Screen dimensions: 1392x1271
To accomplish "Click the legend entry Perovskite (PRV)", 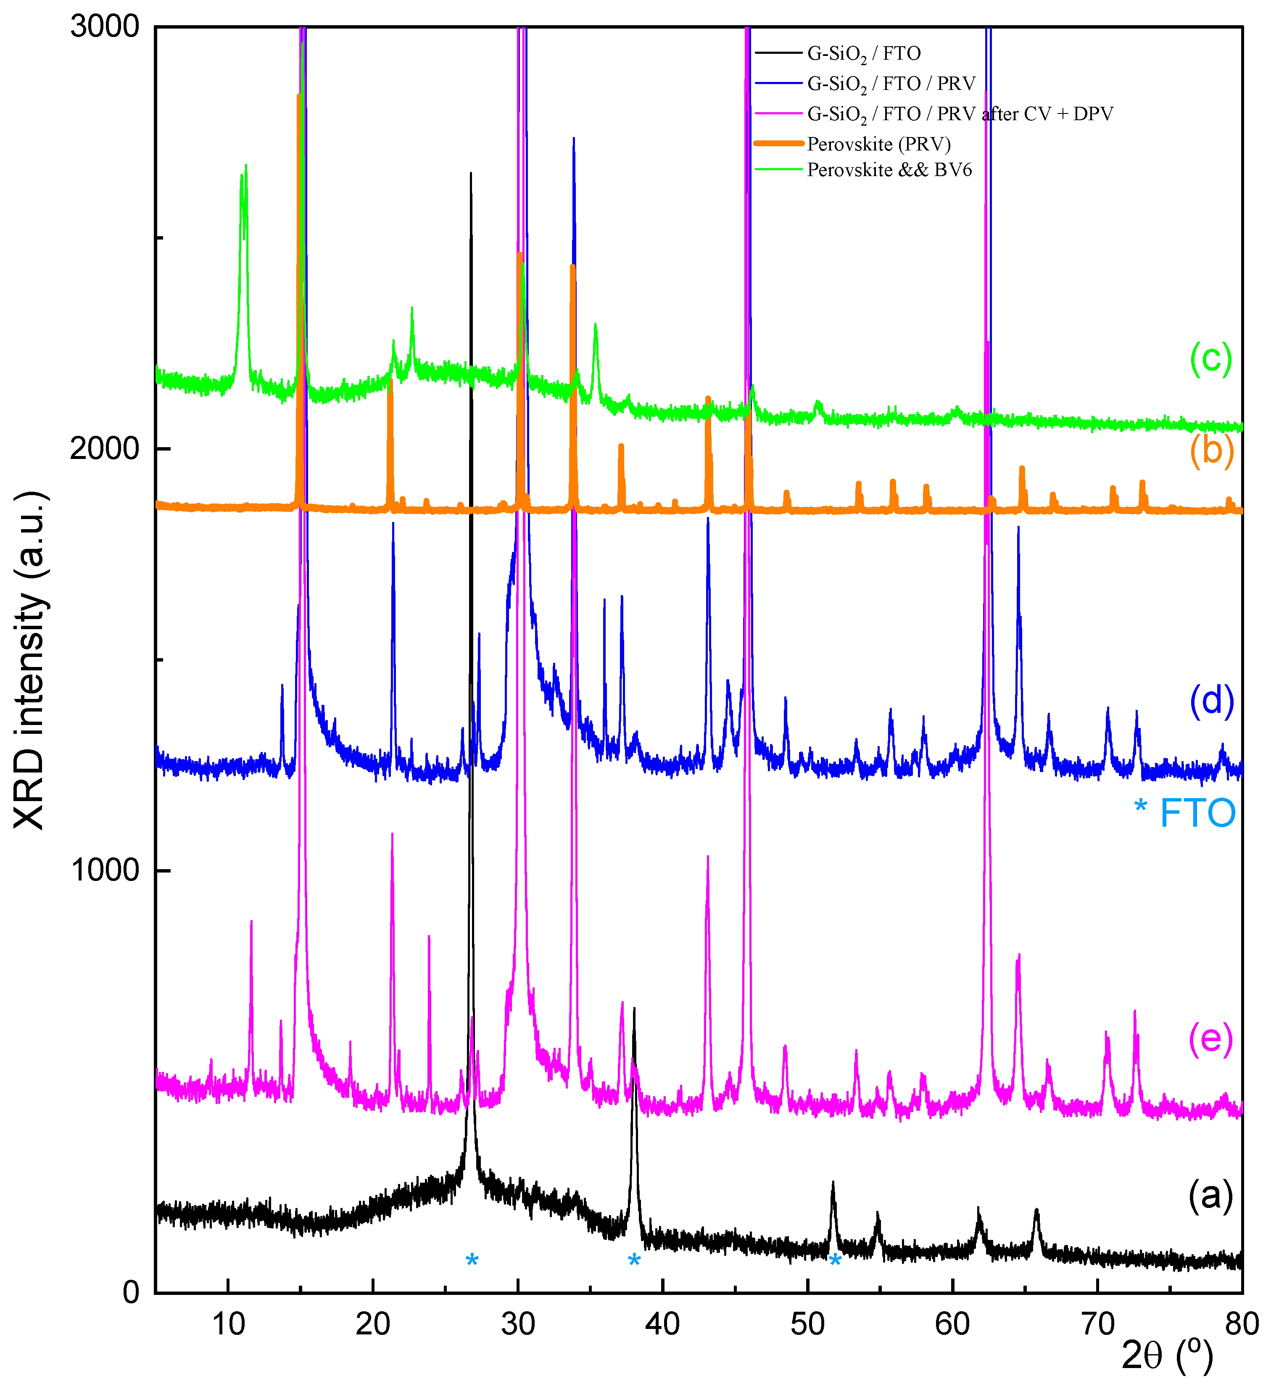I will click(x=878, y=144).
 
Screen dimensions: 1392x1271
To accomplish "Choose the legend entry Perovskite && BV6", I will click(x=889, y=170).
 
